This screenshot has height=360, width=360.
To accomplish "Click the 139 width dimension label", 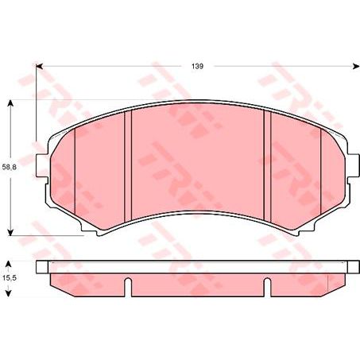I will click(197, 67).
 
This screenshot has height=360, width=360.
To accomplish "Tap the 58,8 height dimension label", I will click(9, 168).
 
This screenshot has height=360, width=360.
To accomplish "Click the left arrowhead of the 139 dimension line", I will click(41, 67).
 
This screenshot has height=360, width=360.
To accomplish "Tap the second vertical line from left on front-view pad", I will click(130, 159).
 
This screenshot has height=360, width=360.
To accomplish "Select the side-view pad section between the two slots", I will click(197, 281).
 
